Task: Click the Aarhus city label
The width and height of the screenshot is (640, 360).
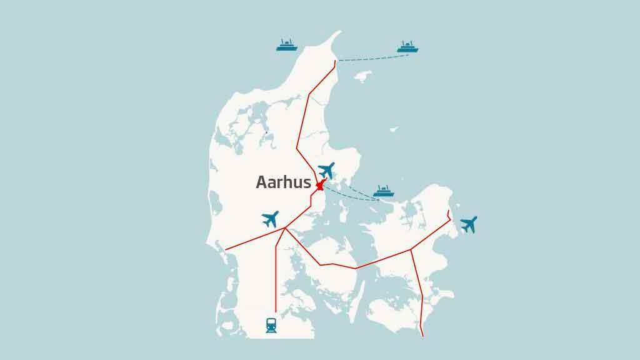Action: click(x=283, y=182)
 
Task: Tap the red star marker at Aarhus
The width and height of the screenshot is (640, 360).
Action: click(x=320, y=186)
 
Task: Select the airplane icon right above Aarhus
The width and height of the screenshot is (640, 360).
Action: click(x=326, y=169)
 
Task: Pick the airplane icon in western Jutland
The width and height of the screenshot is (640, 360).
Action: click(x=270, y=219)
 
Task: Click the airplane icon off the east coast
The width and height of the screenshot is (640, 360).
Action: click(x=468, y=224)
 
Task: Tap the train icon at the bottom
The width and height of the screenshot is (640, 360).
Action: click(x=272, y=324)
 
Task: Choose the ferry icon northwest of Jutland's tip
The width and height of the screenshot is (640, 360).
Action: click(x=287, y=45)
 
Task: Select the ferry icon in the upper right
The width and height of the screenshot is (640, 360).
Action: click(x=407, y=46)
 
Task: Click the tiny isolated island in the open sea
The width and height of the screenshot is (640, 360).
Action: click(x=394, y=129)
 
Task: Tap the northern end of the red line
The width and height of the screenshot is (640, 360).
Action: click(x=336, y=61)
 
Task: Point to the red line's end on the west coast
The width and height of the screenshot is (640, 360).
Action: click(x=225, y=250)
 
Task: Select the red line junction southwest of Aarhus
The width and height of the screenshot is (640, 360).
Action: click(x=285, y=228)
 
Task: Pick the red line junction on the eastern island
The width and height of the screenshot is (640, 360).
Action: click(x=411, y=250)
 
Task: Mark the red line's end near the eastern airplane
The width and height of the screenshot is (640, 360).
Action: click(x=449, y=211)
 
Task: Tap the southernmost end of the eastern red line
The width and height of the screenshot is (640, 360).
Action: click(x=423, y=336)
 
